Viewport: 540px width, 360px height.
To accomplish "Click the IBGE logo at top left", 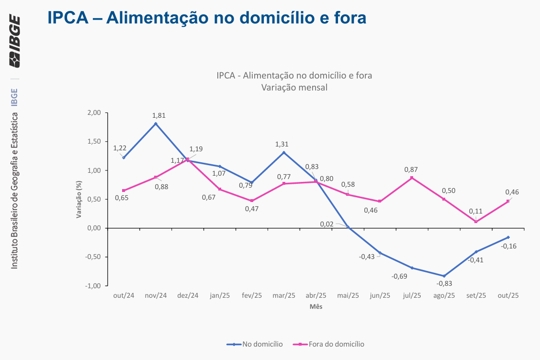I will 14,42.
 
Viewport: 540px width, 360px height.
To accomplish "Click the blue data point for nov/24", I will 156,124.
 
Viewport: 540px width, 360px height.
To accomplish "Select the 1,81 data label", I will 159,115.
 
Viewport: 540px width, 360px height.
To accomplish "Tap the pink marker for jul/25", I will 412,178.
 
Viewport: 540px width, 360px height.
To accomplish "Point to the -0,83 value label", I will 444,283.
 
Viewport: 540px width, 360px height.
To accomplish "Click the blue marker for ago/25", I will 444,276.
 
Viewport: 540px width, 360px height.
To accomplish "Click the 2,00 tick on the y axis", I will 94,113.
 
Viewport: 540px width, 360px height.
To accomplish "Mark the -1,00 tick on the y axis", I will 93,286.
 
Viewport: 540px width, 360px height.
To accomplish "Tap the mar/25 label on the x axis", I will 283,296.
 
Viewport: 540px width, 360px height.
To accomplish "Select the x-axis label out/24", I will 124,296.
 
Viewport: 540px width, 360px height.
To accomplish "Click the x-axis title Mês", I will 316,306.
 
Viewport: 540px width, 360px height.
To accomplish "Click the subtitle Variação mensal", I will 294,88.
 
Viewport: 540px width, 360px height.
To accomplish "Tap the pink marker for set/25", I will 476,222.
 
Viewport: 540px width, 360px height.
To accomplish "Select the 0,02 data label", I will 326,224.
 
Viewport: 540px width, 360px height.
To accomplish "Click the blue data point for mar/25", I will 283,152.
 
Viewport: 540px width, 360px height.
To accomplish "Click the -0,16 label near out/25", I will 508,246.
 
